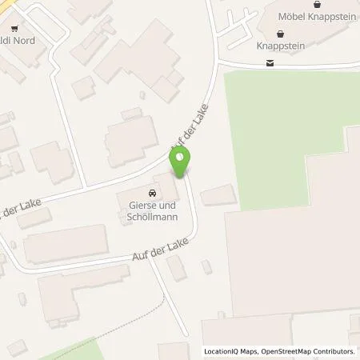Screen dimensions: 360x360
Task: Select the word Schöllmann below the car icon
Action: click(x=152, y=218)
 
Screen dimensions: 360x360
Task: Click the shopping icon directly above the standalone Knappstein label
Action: click(x=280, y=34)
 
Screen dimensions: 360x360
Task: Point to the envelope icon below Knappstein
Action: click(x=270, y=64)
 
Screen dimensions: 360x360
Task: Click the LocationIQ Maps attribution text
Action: click(x=234, y=351)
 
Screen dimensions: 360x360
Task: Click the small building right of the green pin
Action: click(x=218, y=194)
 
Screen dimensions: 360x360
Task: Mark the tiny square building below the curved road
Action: click(x=207, y=266)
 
